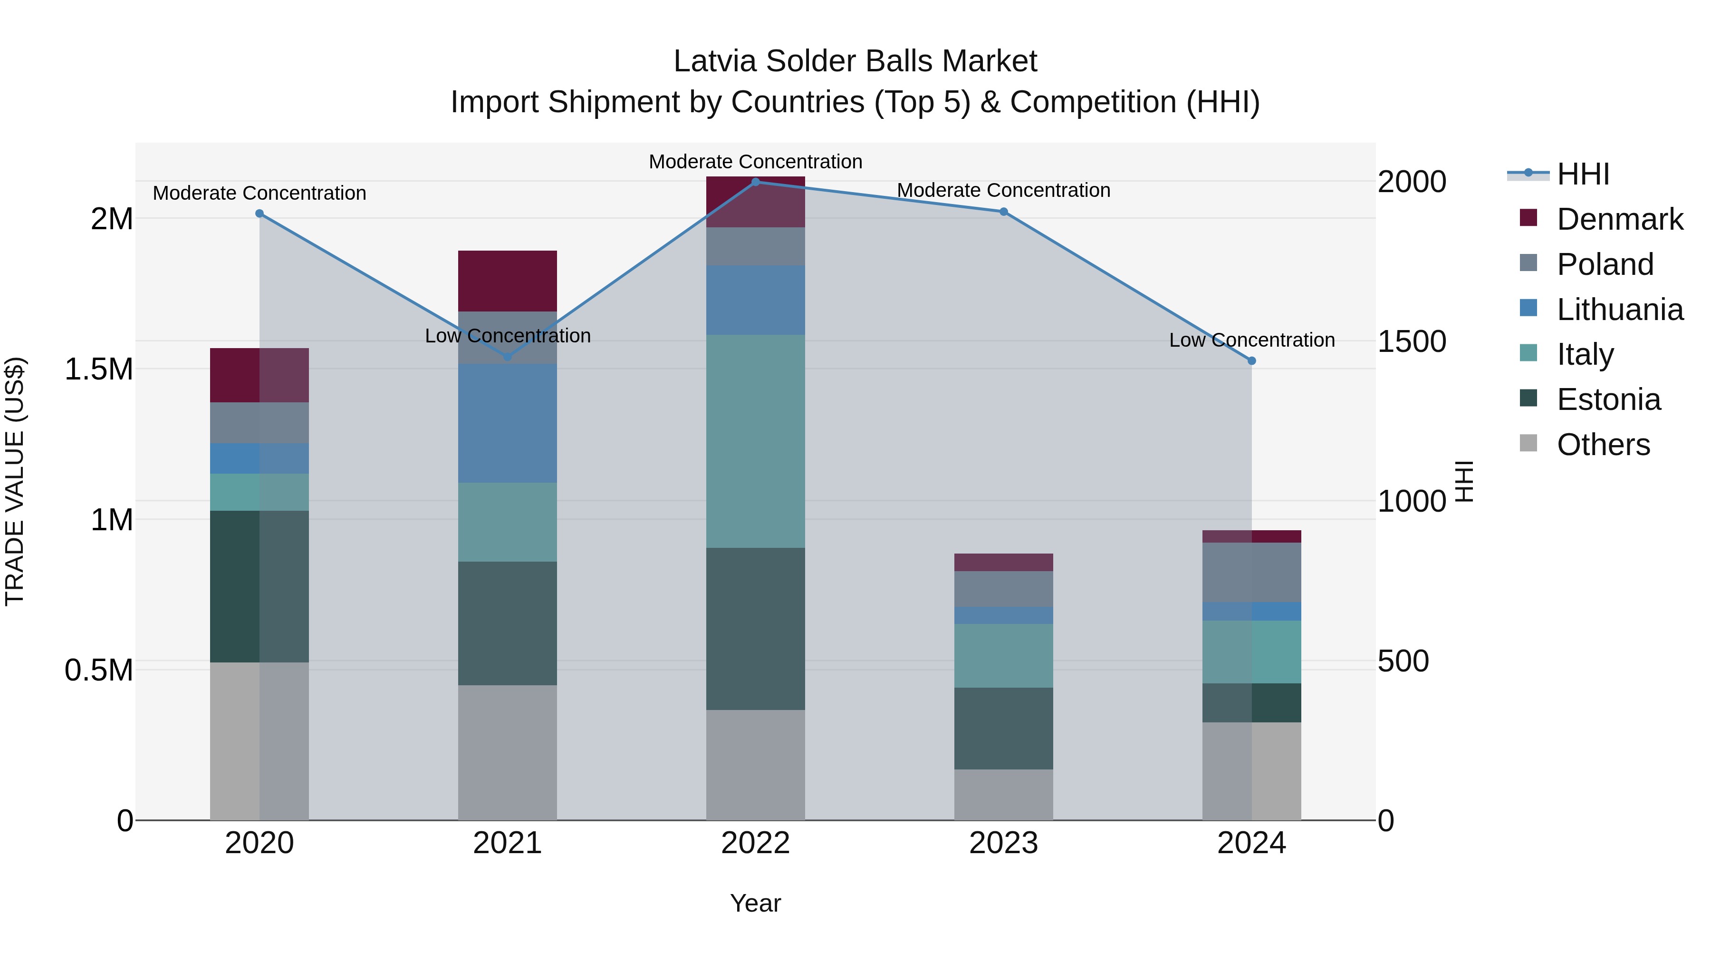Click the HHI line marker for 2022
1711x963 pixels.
pyautogui.click(x=755, y=182)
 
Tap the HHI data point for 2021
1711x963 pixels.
pyautogui.click(x=508, y=356)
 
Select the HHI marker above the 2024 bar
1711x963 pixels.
pyautogui.click(x=1251, y=361)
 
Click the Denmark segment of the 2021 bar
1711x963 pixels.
pyautogui.click(x=508, y=281)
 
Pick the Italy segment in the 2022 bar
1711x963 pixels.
pyautogui.click(x=755, y=441)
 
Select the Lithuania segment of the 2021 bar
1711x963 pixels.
pyautogui.click(x=508, y=423)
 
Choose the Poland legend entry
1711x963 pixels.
pyautogui.click(x=1604, y=264)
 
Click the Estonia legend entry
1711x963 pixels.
pyautogui.click(x=1607, y=399)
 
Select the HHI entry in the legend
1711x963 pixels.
pyautogui.click(x=1582, y=174)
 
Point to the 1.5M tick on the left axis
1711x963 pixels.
pyautogui.click(x=98, y=369)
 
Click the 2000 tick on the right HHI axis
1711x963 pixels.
pyautogui.click(x=1412, y=182)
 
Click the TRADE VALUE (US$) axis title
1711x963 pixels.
pyautogui.click(x=15, y=481)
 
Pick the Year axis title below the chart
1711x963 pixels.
pyautogui.click(x=755, y=903)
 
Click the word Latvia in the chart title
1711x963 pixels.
pyautogui.click(x=715, y=61)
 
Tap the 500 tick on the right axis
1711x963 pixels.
pyautogui.click(x=1403, y=661)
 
